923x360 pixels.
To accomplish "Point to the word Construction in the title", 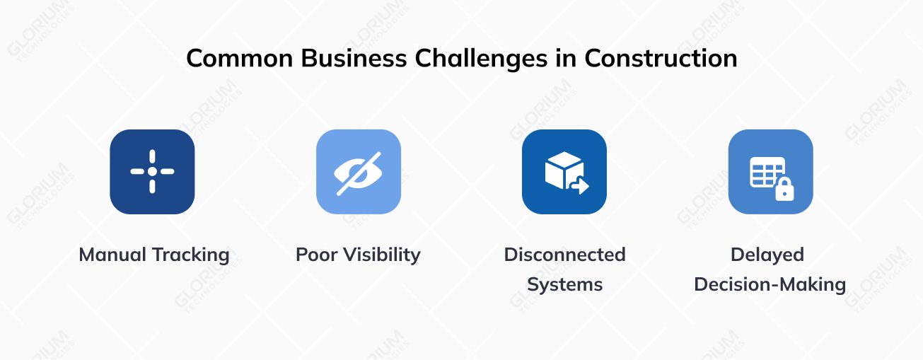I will coord(661,58).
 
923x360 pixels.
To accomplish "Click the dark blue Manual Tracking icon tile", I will coord(152,172).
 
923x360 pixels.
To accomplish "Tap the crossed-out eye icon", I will coord(358,172).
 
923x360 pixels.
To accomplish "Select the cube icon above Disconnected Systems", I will coord(562,169).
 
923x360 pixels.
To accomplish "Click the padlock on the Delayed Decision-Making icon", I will coord(784,189).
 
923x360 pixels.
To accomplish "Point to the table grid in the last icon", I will coord(766,171).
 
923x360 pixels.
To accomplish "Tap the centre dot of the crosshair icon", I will coord(152,172).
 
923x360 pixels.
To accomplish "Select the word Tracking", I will coord(192,255).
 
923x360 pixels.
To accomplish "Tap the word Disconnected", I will coord(564,255).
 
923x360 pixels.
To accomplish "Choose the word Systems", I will coord(564,285).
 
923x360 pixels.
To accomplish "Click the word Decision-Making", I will coord(770,285).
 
